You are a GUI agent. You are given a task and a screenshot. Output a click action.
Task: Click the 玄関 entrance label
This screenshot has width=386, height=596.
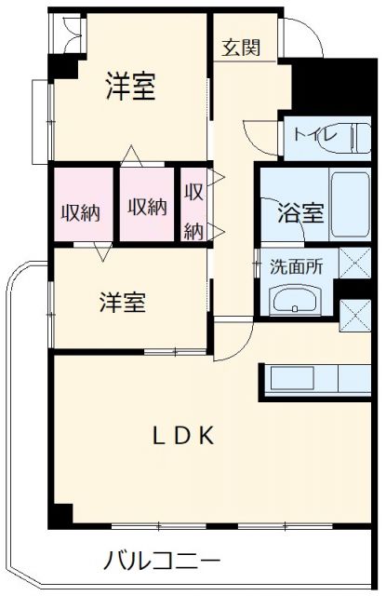tap(241, 47)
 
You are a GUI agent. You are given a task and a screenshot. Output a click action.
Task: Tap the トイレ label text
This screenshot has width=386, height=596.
tap(310, 133)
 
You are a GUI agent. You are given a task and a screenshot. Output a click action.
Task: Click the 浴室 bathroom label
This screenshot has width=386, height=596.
tap(300, 212)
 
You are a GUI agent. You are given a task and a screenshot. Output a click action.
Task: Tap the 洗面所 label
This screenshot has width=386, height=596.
tap(297, 264)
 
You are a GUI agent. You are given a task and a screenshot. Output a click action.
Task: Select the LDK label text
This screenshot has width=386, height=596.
tap(185, 435)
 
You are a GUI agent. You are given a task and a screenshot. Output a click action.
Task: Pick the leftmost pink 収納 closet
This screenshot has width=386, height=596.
tap(81, 210)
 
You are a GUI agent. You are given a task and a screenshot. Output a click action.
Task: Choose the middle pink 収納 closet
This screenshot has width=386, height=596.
tap(147, 206)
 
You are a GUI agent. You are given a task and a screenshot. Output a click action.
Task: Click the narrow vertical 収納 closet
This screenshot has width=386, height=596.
tap(193, 211)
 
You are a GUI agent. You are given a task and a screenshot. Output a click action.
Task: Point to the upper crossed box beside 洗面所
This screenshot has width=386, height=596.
tap(354, 264)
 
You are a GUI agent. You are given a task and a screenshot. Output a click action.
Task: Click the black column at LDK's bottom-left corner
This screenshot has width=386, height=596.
tap(60, 514)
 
